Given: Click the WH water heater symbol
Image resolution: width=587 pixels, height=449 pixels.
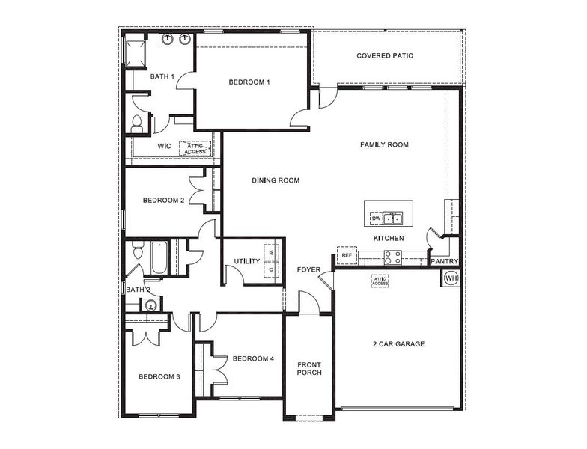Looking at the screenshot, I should [x=451, y=278].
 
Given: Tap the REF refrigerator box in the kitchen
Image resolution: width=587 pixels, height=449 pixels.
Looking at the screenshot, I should [x=347, y=255].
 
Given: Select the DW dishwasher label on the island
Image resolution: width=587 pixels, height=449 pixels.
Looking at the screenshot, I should [x=376, y=218].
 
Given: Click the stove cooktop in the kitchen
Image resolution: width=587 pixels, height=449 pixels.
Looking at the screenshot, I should [x=393, y=257].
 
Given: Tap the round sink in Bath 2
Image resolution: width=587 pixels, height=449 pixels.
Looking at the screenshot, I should [x=152, y=305].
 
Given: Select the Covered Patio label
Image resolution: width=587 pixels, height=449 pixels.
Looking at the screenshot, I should [x=385, y=56].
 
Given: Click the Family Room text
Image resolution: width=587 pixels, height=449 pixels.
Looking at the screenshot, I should [x=384, y=144].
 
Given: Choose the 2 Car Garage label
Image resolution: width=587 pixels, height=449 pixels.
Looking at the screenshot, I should [x=398, y=344].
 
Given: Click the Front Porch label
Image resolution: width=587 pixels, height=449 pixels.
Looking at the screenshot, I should [x=309, y=368].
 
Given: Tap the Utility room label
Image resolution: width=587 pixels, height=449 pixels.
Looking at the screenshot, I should [x=246, y=262].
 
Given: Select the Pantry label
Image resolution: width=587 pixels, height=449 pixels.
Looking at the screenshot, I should [x=444, y=261].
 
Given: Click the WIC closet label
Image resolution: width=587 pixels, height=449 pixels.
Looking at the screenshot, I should [x=165, y=146].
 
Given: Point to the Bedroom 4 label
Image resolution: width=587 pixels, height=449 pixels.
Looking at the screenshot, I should [x=253, y=359].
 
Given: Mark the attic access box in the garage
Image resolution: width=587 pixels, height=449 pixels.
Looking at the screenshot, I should [x=380, y=281].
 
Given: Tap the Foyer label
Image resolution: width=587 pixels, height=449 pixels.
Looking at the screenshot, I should [x=308, y=269].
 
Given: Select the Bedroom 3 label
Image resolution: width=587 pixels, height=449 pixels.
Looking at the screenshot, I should [x=159, y=376].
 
